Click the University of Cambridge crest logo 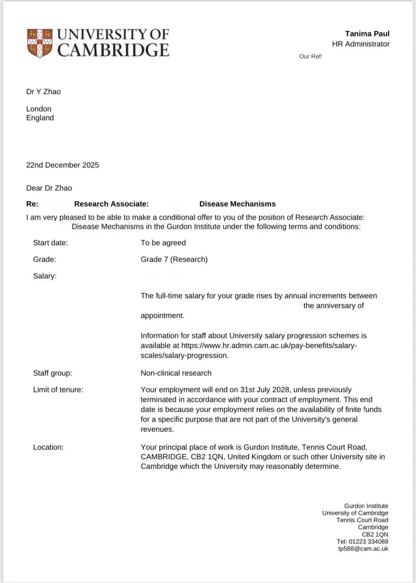(x=39, y=43)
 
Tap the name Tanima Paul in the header (x=367, y=34)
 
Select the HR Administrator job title (x=361, y=44)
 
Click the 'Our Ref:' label (x=310, y=56)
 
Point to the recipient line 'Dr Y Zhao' (x=44, y=92)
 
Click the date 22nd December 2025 (x=62, y=165)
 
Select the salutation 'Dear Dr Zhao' (x=49, y=188)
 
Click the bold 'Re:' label (x=32, y=204)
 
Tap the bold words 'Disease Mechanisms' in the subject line (x=237, y=204)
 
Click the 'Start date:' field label (x=50, y=243)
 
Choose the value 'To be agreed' (x=163, y=243)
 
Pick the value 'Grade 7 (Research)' (x=174, y=259)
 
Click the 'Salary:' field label (x=45, y=276)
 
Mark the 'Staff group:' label (x=52, y=373)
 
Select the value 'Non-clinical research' (x=176, y=373)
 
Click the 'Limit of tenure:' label (x=58, y=390)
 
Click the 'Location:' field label (x=49, y=447)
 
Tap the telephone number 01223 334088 (x=368, y=542)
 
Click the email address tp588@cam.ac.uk (x=363, y=549)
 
